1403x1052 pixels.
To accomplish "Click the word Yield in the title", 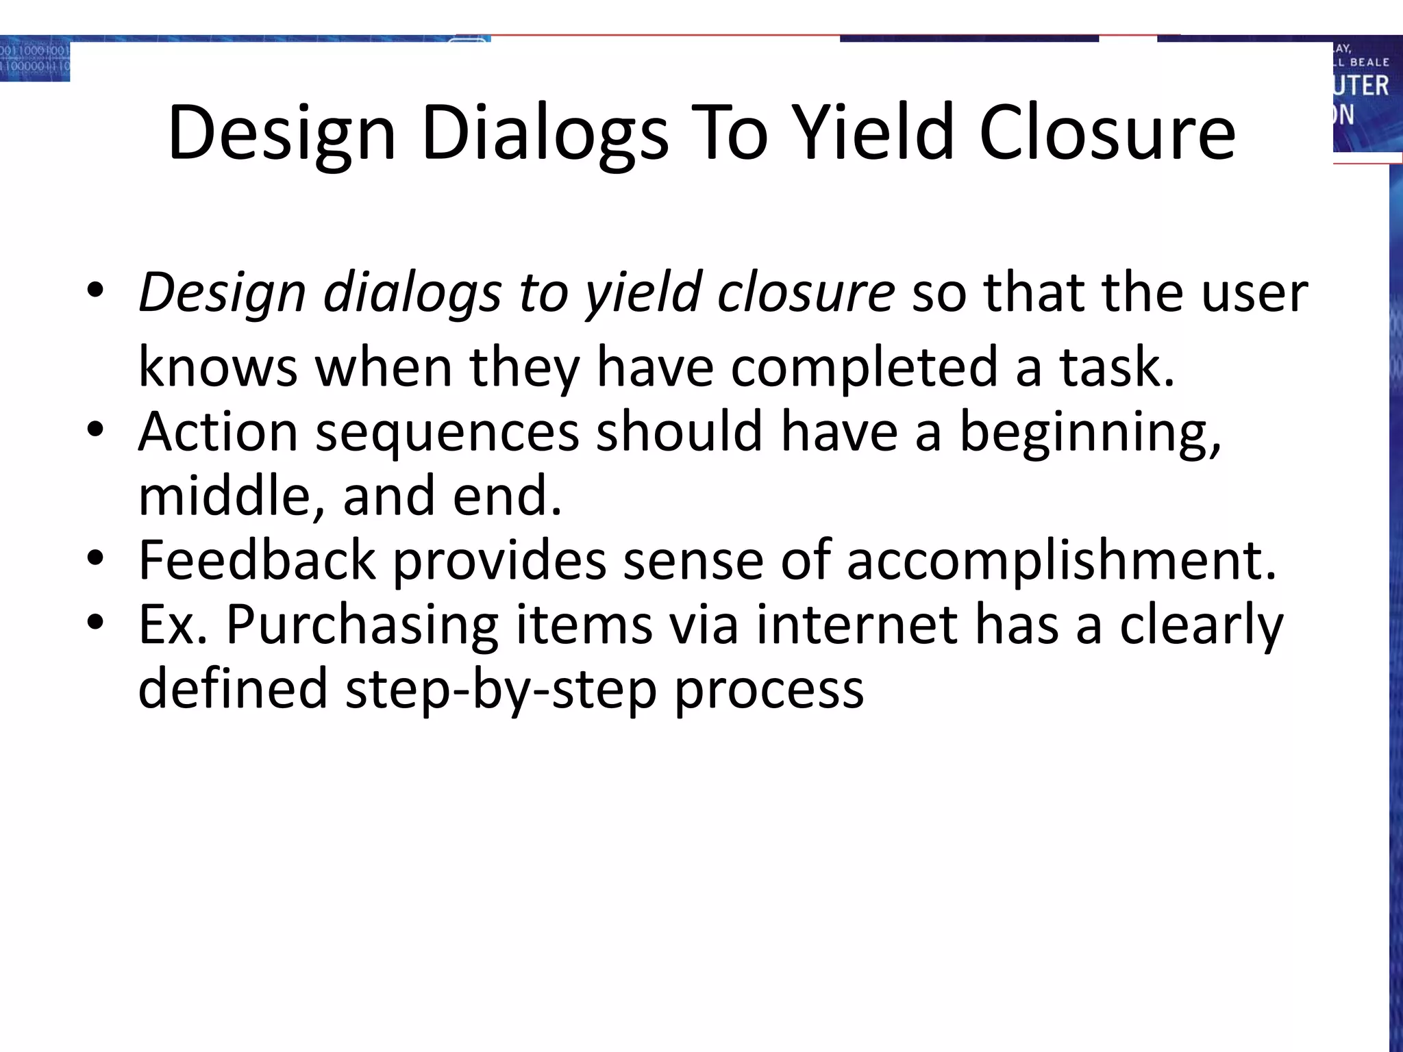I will [x=878, y=134].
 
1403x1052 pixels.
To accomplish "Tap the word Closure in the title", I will [x=1107, y=134].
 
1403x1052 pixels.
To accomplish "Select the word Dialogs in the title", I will [x=545, y=134].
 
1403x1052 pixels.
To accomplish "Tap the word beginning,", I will [x=1090, y=433].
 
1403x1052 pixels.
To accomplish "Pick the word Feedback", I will [x=257, y=561].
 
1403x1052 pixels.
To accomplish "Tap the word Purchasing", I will [x=362, y=625].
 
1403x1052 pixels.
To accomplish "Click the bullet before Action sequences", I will [x=95, y=430].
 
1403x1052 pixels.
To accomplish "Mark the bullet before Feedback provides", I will [x=95, y=558].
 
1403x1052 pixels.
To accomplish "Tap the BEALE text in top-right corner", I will [x=1369, y=62].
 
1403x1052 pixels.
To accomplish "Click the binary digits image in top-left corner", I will [x=35, y=60].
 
